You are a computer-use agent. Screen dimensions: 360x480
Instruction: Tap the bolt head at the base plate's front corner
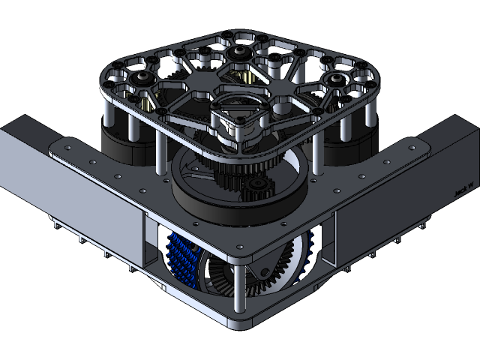(239, 248)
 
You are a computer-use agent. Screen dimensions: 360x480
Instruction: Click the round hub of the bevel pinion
(265, 270)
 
